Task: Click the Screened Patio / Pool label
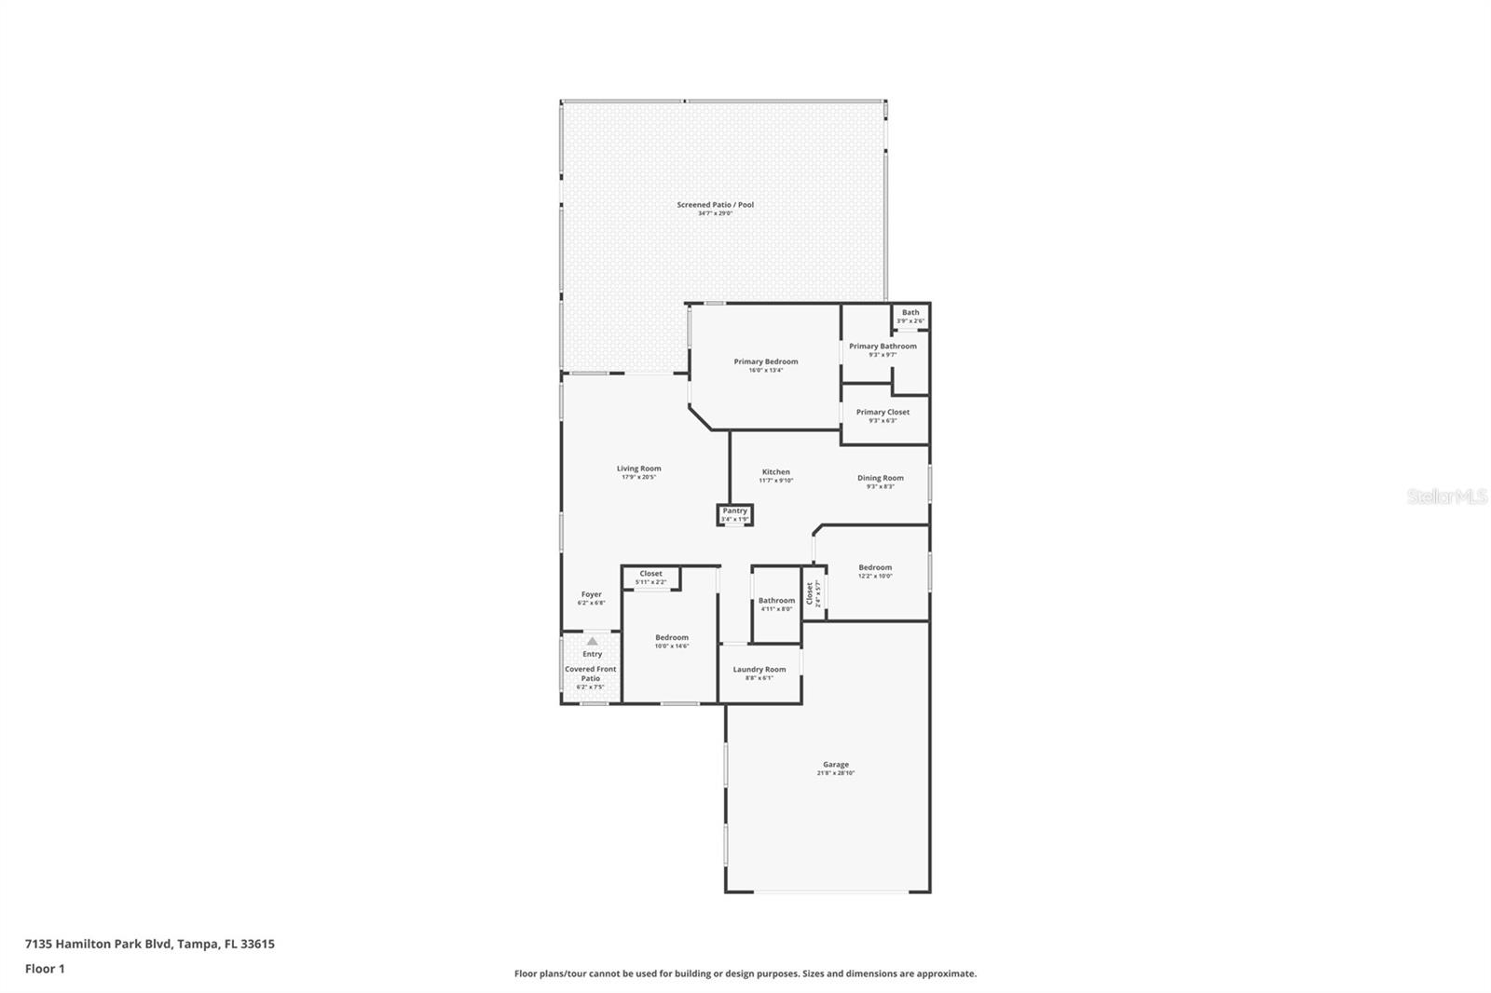tap(715, 205)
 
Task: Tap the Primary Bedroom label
tap(765, 361)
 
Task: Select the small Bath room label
tap(910, 313)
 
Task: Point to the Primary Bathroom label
tap(882, 347)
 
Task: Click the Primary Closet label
tap(882, 412)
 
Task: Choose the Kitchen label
tap(775, 472)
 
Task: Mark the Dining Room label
tap(880, 478)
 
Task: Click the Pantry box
tap(734, 514)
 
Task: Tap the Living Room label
tap(638, 469)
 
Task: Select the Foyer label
tap(592, 594)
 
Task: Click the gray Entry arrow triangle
tap(592, 641)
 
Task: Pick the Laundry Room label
tap(759, 669)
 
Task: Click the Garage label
tap(835, 764)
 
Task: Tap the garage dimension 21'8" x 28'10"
tap(835, 773)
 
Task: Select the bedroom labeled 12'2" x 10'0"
tap(874, 567)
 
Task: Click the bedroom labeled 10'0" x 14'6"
tap(671, 637)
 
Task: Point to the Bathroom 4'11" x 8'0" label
tap(776, 601)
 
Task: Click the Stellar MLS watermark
tap(1446, 496)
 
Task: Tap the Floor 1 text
tap(45, 969)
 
